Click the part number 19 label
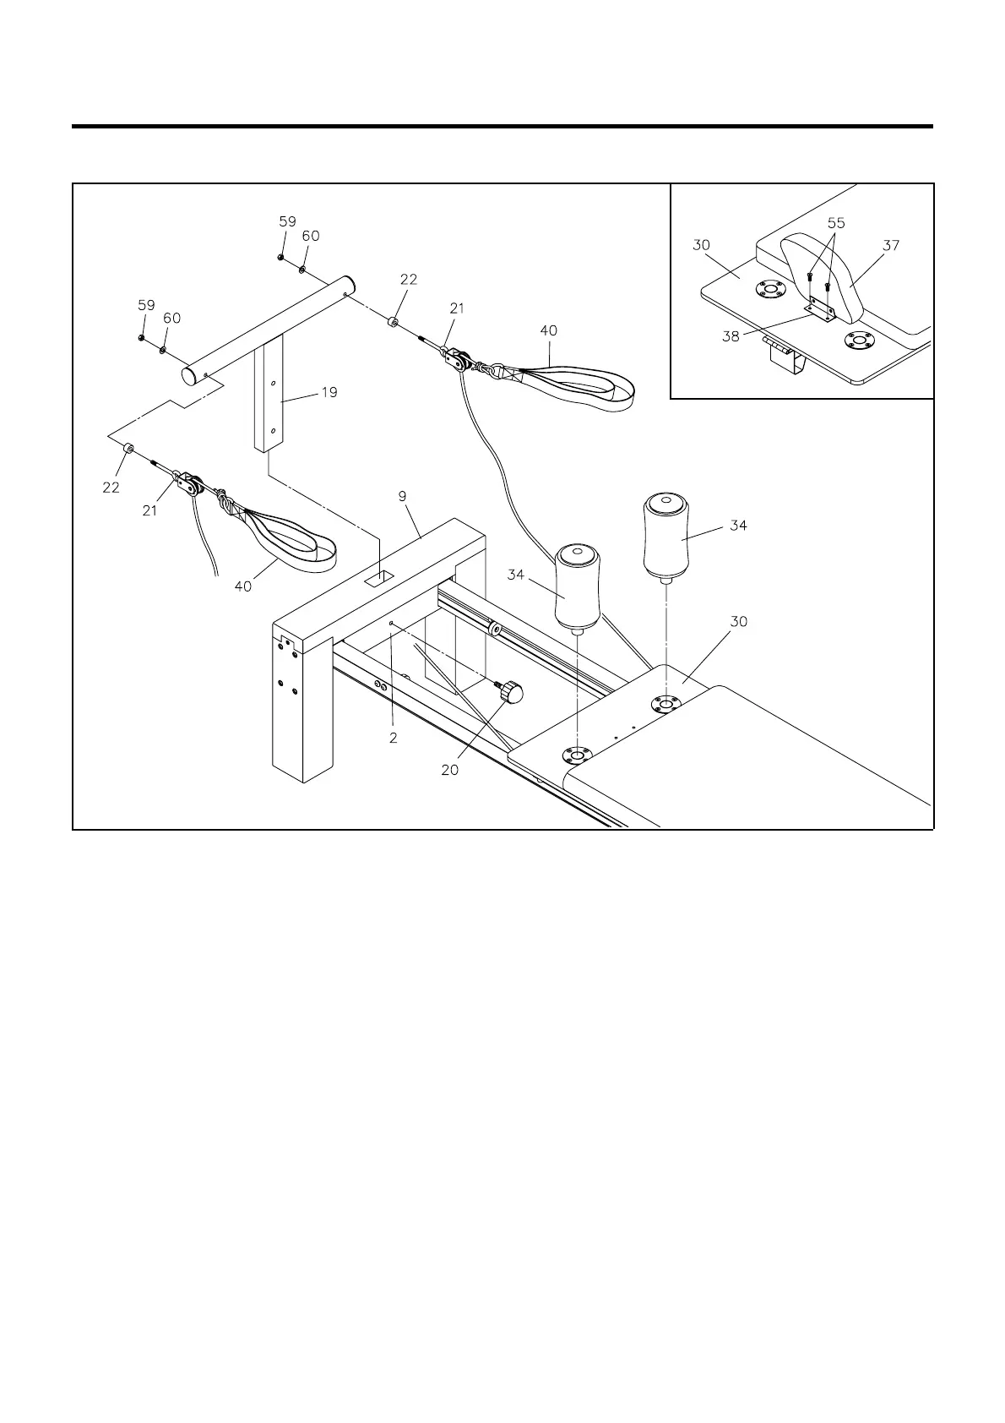(329, 392)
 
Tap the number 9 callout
(404, 497)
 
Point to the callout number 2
(394, 738)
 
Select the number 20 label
(450, 770)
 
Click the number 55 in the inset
(836, 224)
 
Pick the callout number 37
(891, 246)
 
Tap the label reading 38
(731, 335)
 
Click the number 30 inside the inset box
(701, 246)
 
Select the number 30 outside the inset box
(739, 622)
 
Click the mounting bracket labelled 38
(818, 309)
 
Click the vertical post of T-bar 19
(269, 397)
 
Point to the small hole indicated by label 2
(394, 624)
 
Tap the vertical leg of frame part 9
(299, 710)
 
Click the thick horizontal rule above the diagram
(502, 127)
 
